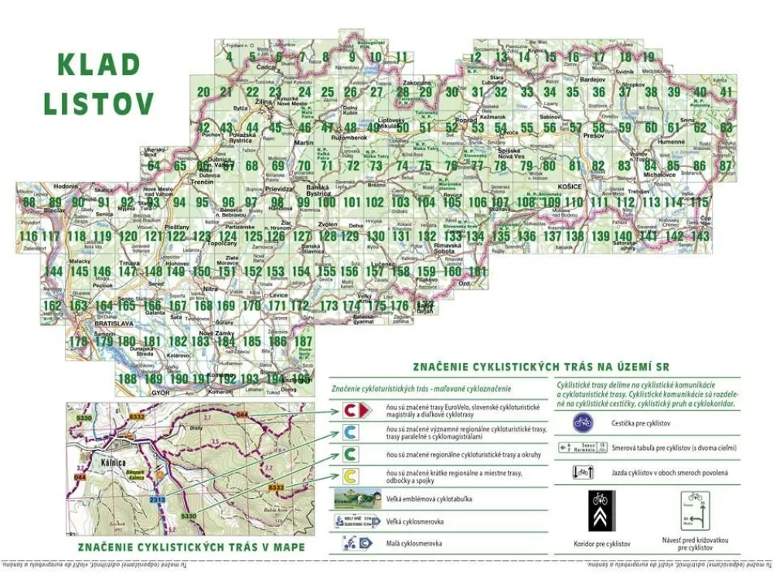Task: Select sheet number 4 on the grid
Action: [230, 56]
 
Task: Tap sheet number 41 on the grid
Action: [726, 92]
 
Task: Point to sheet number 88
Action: [30, 202]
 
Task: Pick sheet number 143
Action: [700, 236]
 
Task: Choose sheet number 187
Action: [304, 341]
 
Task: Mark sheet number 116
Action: [29, 236]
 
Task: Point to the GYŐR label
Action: [161, 393]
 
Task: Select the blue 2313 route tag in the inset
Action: [157, 501]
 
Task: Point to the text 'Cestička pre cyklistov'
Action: [641, 423]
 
